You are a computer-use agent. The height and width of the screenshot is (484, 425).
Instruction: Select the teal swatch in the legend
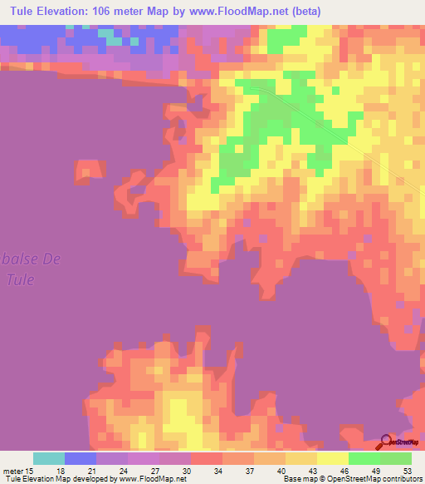(x=49, y=459)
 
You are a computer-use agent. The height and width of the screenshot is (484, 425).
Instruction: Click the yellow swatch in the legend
(x=333, y=459)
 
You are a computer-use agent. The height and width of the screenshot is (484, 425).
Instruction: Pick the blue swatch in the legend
(x=81, y=459)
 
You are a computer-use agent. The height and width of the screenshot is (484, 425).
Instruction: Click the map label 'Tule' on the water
(x=20, y=279)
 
